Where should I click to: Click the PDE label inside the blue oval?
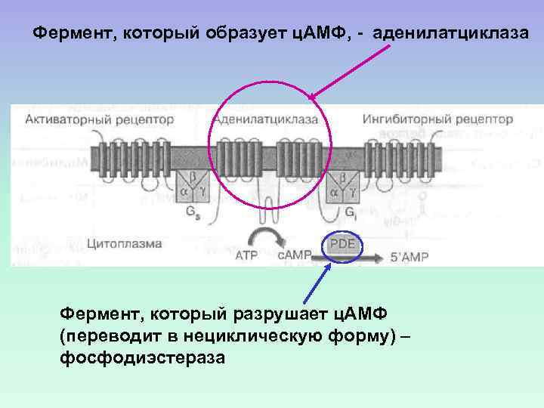(x=342, y=244)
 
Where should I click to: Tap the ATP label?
(x=247, y=256)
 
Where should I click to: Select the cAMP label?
(x=295, y=256)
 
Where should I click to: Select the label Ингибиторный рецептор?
(x=437, y=119)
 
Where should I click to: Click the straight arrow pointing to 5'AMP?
(x=355, y=258)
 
